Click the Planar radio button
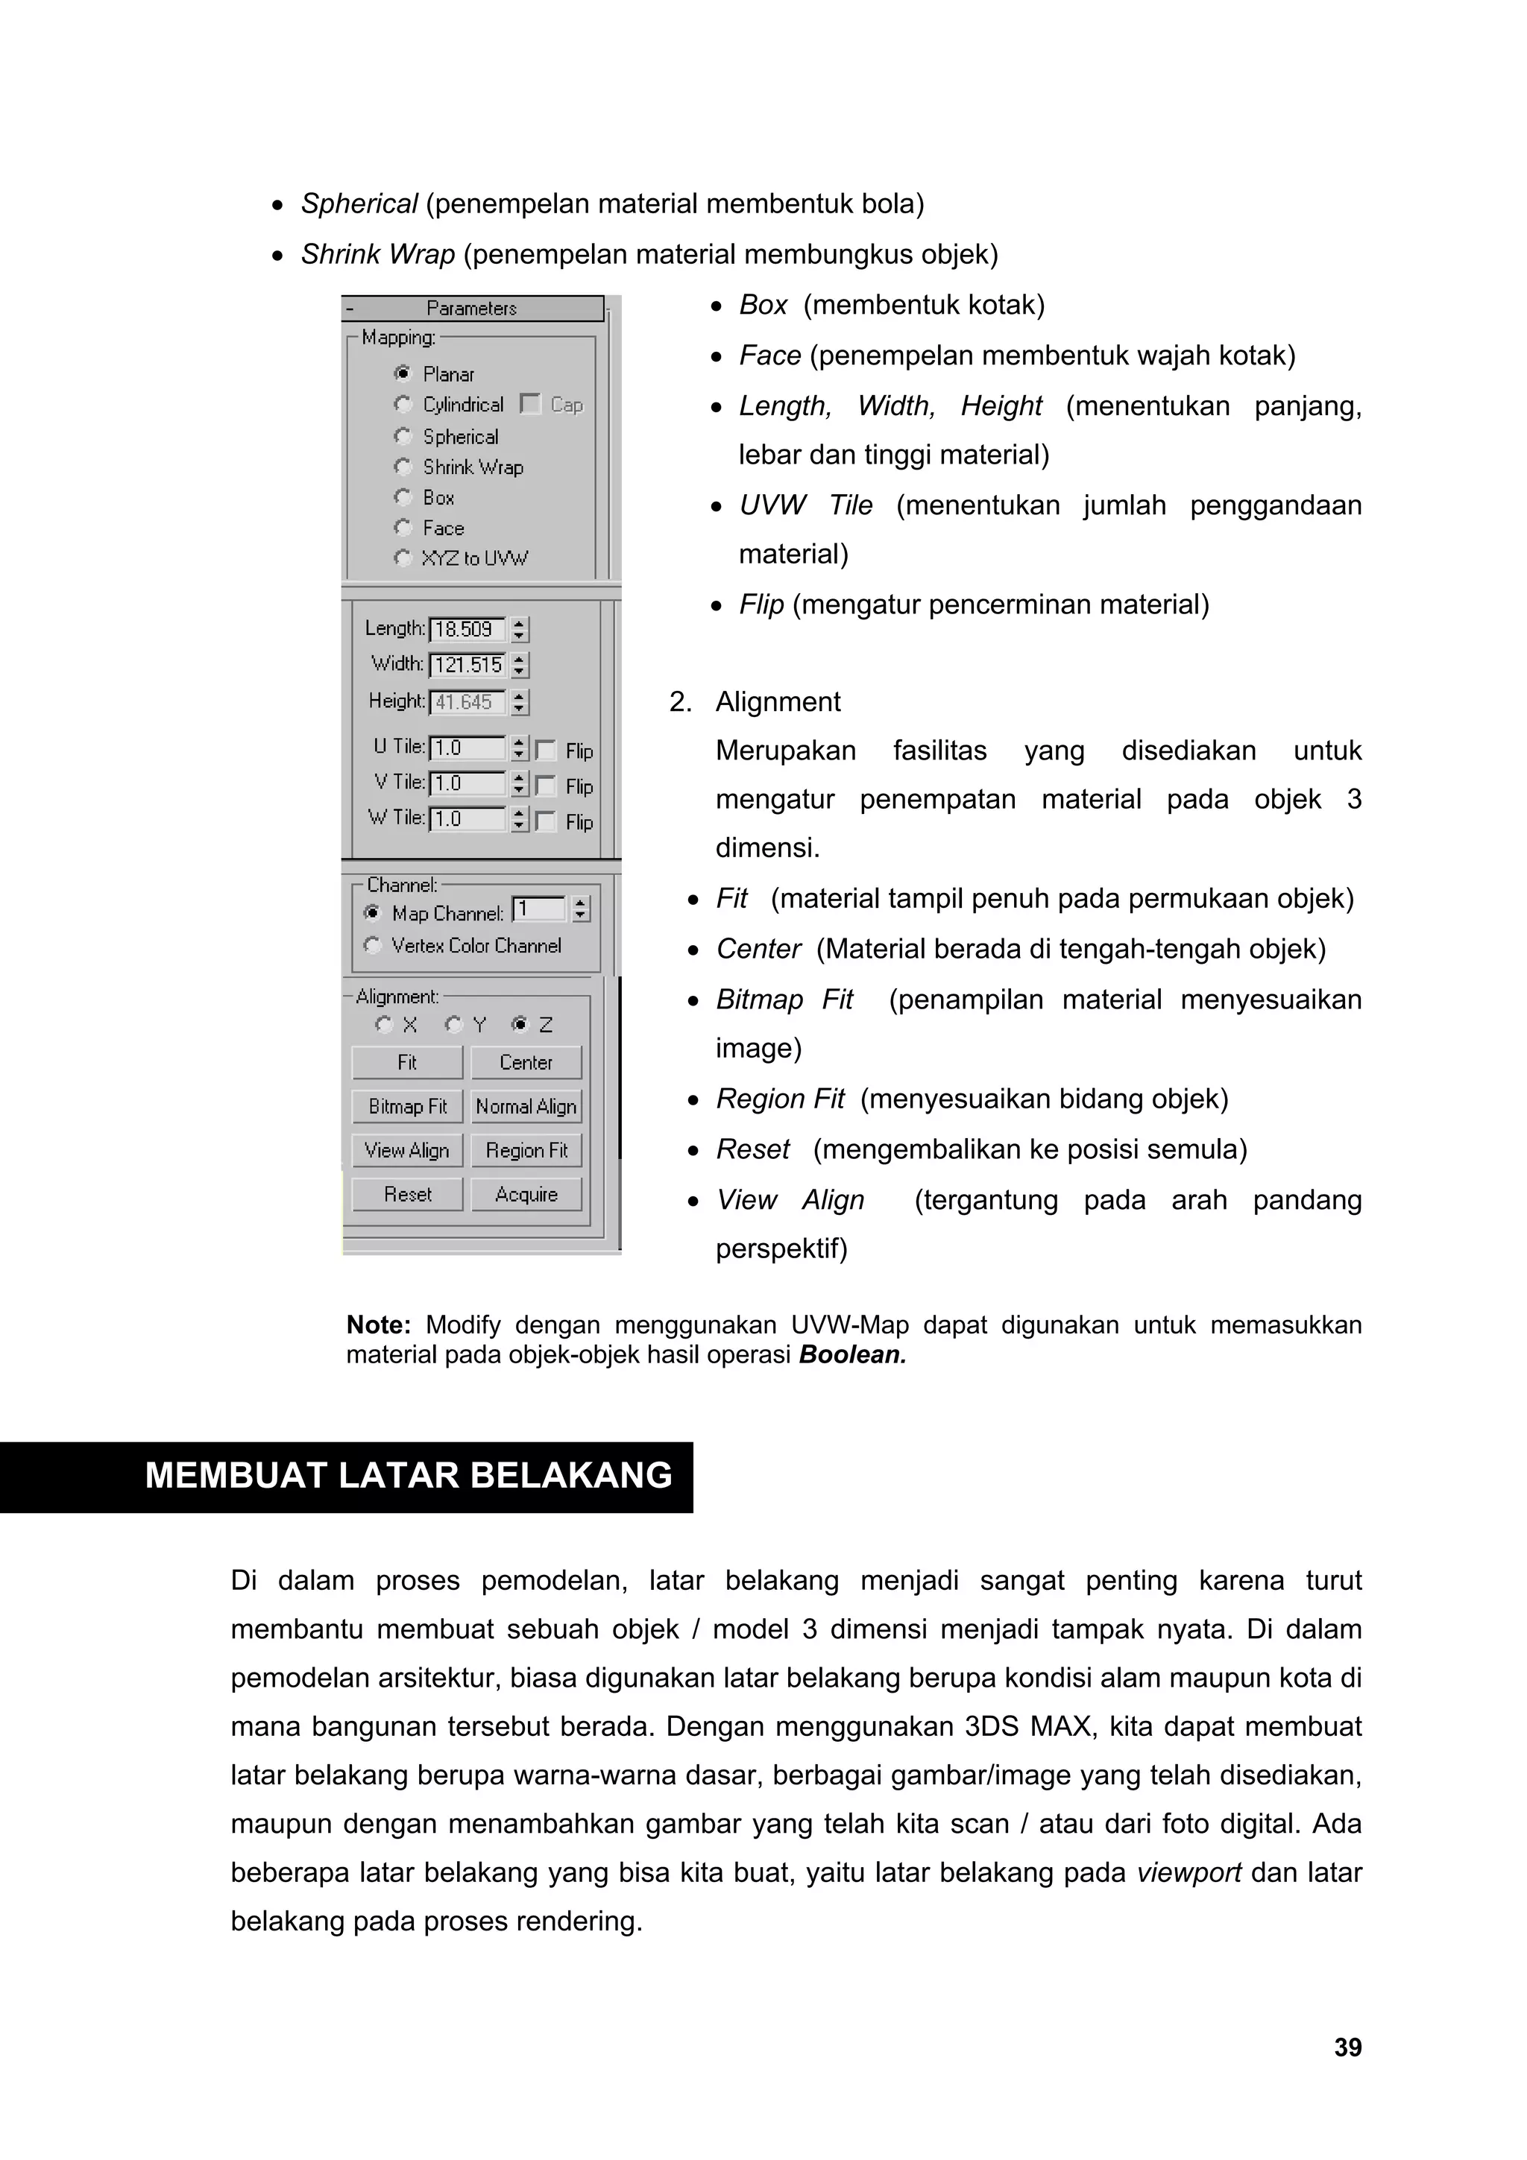click(x=403, y=373)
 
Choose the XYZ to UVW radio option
click(x=403, y=558)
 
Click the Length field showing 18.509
click(x=467, y=628)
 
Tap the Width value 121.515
click(x=467, y=665)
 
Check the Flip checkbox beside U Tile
click(x=546, y=750)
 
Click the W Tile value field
click(x=467, y=819)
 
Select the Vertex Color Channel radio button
click(x=373, y=946)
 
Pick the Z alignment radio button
click(x=520, y=1025)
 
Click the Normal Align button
click(x=526, y=1106)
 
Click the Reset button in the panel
click(x=407, y=1194)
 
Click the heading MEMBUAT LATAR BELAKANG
click(x=409, y=1475)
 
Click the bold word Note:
click(x=378, y=1324)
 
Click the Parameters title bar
click(x=472, y=309)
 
